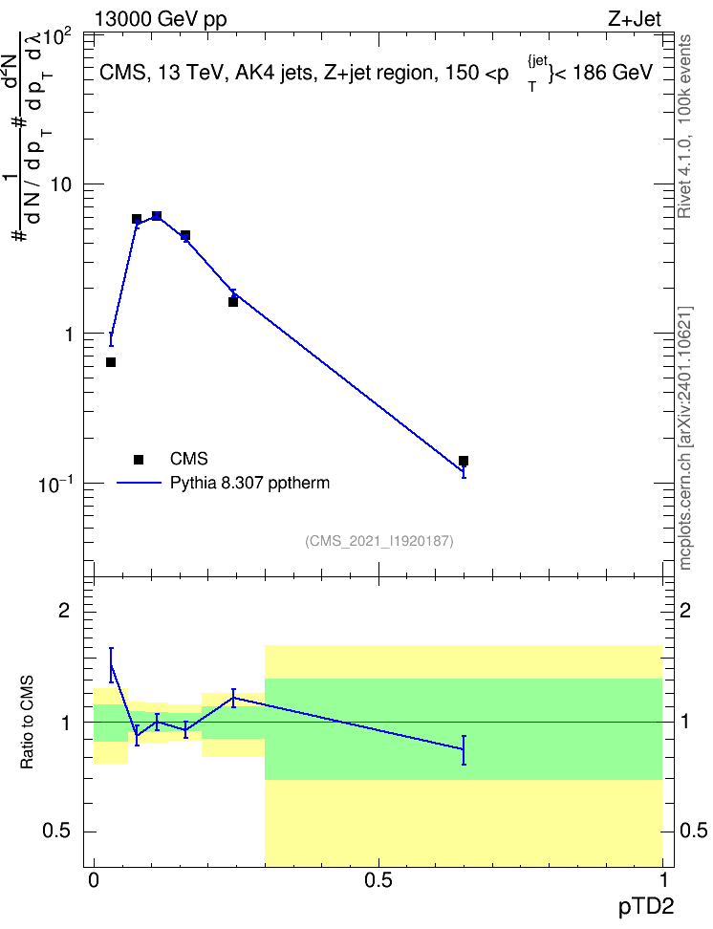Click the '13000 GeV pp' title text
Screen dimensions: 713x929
tap(161, 19)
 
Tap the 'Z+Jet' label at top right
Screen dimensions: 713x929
tap(635, 19)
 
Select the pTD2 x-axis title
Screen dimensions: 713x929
tap(646, 906)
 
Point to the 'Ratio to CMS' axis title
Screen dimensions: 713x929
tap(27, 723)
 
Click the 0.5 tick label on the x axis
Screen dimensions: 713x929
tap(378, 880)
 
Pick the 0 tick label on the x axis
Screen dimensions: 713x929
tap(94, 880)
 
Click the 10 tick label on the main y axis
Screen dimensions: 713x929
tap(60, 184)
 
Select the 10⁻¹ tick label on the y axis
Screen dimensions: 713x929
tap(55, 484)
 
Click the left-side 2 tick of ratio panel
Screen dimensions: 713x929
tap(64, 610)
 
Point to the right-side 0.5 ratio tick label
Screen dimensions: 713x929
tap(693, 831)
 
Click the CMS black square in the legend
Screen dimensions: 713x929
tap(139, 459)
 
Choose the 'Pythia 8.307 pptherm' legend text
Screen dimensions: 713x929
tap(249, 483)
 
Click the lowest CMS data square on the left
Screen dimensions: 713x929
tap(111, 362)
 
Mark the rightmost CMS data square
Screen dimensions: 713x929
tap(464, 461)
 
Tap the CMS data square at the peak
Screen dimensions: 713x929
tap(157, 216)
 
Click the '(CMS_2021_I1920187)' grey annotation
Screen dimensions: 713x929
tap(379, 541)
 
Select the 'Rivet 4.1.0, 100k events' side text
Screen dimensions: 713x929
tap(684, 126)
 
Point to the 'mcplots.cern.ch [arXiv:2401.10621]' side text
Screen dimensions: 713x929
tap(685, 438)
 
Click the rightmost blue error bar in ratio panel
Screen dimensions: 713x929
tap(464, 750)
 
